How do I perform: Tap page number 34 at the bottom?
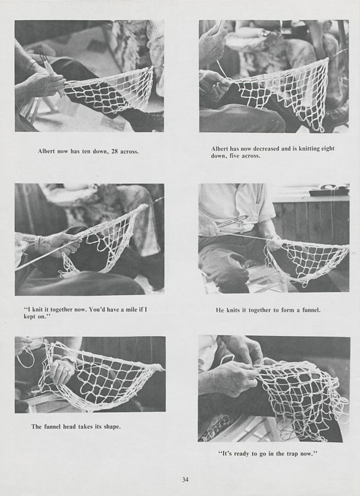pyautogui.click(x=185, y=479)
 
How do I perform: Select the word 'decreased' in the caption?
pyautogui.click(x=265, y=149)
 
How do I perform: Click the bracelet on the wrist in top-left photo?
pyautogui.click(x=29, y=65)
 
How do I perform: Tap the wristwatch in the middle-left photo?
pyautogui.click(x=37, y=245)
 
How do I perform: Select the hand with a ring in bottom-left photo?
pyautogui.click(x=62, y=372)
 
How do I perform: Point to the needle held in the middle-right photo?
pyautogui.click(x=232, y=221)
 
